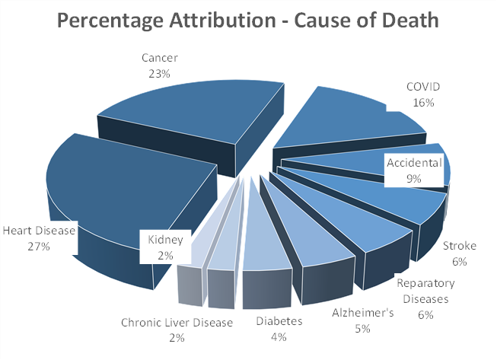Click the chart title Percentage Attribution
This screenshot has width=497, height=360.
tap(247, 20)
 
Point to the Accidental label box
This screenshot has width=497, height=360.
tap(414, 170)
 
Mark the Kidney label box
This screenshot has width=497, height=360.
tap(165, 246)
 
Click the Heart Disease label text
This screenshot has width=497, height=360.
tap(39, 231)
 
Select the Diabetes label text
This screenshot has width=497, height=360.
tap(279, 321)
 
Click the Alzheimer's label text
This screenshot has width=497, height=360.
tap(362, 314)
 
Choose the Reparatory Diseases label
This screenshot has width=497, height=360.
tap(425, 291)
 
